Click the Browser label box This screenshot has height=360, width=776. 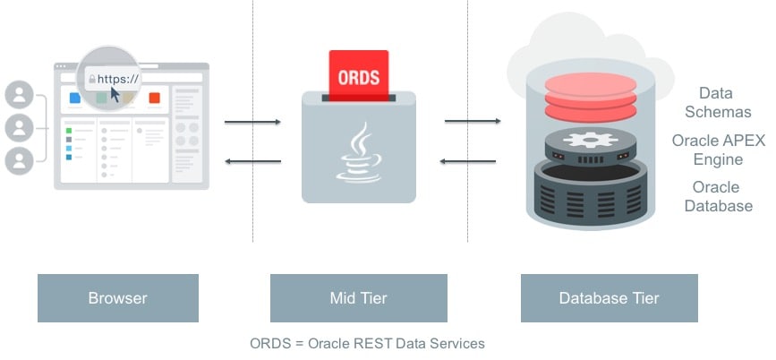[117, 298]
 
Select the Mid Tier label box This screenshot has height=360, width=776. [358, 298]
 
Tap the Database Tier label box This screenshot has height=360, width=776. [609, 298]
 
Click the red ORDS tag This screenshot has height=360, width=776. [358, 76]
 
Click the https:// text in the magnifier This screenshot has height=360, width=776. [117, 79]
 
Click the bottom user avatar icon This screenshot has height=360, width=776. [19, 160]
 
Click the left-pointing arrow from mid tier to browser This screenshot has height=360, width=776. [252, 161]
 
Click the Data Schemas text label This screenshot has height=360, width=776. [717, 103]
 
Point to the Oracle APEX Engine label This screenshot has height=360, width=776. [719, 150]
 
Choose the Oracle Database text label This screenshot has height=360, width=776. [718, 197]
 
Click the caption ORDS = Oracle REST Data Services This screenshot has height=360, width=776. [367, 343]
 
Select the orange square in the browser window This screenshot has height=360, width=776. [154, 99]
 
